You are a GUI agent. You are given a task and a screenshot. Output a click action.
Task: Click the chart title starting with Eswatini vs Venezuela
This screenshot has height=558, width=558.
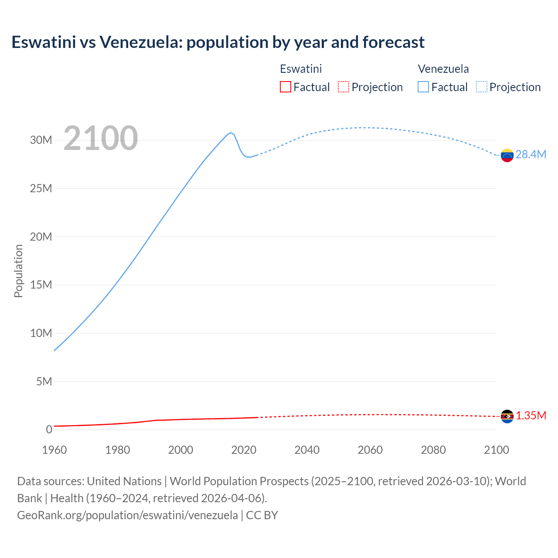pyautogui.click(x=218, y=42)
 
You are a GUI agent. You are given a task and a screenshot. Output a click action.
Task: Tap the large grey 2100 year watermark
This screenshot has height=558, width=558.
pyautogui.click(x=101, y=138)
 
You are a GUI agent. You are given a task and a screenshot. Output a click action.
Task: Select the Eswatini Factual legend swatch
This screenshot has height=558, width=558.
pyautogui.click(x=285, y=87)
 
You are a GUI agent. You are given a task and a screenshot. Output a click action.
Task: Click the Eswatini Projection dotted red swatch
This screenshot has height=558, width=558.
pyautogui.click(x=344, y=87)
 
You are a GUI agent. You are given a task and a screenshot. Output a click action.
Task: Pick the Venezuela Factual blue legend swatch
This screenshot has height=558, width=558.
pyautogui.click(x=423, y=87)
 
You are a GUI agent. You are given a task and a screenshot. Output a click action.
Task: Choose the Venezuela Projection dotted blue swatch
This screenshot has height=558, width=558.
pyautogui.click(x=482, y=87)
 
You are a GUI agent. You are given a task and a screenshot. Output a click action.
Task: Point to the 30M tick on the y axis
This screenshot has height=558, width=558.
pyautogui.click(x=41, y=140)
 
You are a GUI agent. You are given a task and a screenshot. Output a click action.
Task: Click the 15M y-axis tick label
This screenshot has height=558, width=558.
pyautogui.click(x=41, y=285)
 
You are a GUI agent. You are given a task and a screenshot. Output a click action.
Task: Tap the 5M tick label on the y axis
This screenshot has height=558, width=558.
pyautogui.click(x=44, y=381)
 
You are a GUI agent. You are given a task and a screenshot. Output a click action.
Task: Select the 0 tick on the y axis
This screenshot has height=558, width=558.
pyautogui.click(x=49, y=429)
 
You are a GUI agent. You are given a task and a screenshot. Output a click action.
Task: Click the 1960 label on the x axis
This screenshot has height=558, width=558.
pyautogui.click(x=54, y=450)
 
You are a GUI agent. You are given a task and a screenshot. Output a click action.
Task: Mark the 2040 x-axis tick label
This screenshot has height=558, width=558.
pyautogui.click(x=307, y=450)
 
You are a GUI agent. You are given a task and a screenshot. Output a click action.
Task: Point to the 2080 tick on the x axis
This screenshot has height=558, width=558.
pyautogui.click(x=433, y=450)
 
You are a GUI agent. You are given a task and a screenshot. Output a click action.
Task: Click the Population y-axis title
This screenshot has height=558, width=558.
pyautogui.click(x=18, y=271)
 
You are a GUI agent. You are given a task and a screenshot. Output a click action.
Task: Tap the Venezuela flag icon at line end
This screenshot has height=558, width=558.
pyautogui.click(x=507, y=155)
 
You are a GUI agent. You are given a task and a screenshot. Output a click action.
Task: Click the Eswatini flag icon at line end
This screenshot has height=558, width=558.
pyautogui.click(x=507, y=416)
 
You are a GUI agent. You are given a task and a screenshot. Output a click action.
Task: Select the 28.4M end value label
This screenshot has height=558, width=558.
pyautogui.click(x=531, y=155)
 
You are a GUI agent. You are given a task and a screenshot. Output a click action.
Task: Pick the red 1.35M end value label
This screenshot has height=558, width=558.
pyautogui.click(x=531, y=415)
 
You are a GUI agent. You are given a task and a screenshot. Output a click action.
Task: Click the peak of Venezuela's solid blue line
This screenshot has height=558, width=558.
pyautogui.click(x=231, y=133)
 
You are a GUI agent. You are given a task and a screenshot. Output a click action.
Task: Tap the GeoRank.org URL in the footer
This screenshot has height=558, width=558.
pyautogui.click(x=127, y=515)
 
